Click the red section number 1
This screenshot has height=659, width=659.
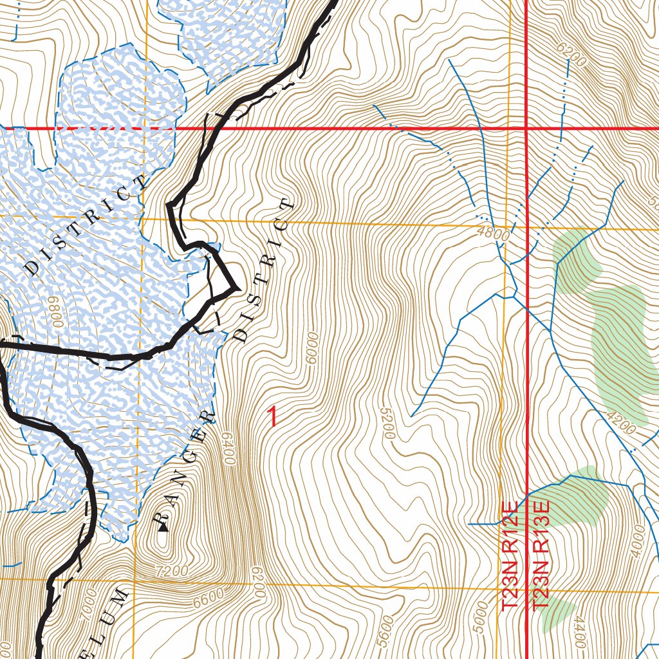(x=273, y=416)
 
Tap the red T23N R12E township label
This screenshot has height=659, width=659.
(x=510, y=556)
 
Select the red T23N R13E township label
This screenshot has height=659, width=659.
(x=541, y=556)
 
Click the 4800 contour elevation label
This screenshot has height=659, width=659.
(x=494, y=235)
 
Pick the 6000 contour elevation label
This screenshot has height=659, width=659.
(x=313, y=348)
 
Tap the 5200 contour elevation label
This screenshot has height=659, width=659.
(x=386, y=423)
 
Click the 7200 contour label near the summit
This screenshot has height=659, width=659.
(x=172, y=570)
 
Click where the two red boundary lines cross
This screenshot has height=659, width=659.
(x=527, y=128)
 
